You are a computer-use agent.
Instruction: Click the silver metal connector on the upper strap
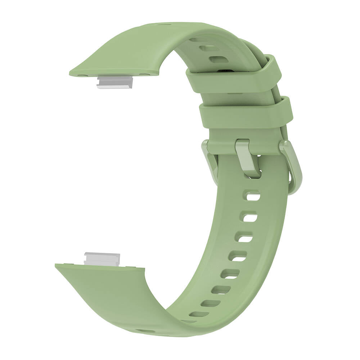click(x=115, y=82)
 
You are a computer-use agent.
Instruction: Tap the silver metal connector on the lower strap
click(x=102, y=259)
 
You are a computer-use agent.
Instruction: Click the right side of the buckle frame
click(x=292, y=166)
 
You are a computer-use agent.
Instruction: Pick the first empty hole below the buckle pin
click(x=253, y=197)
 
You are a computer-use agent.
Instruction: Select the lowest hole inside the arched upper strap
click(x=219, y=59)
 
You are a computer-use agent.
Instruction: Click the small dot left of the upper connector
click(x=84, y=76)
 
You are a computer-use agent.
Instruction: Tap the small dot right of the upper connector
click(x=145, y=75)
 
